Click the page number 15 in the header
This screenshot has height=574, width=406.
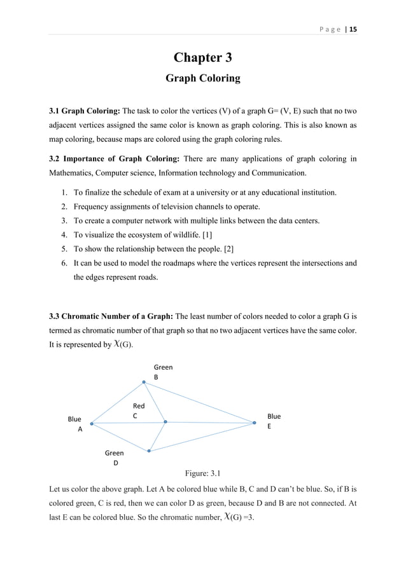coord(352,29)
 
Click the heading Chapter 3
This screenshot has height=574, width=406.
coord(202,59)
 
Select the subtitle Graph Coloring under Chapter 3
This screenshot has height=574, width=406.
coord(202,78)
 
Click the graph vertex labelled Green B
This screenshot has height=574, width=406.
coord(144,382)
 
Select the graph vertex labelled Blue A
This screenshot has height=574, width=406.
coord(92,423)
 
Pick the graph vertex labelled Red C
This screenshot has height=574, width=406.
coord(165,422)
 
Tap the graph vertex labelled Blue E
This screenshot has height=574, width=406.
coord(254,423)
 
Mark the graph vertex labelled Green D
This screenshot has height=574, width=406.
coord(149,451)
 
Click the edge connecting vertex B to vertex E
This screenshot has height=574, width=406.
coord(199,402)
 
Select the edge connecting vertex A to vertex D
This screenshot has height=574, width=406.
coord(121,437)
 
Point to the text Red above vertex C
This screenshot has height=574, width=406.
coord(138,406)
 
